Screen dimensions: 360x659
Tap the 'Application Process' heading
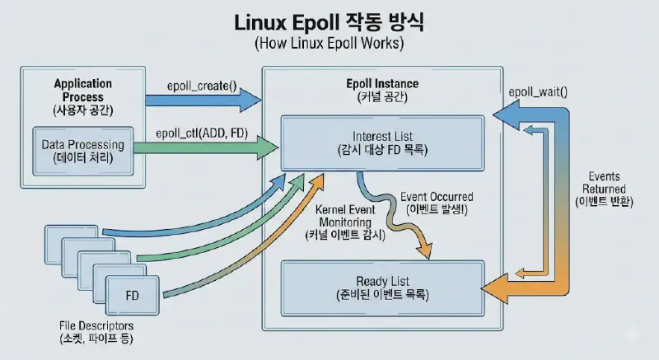pyautogui.click(x=82, y=91)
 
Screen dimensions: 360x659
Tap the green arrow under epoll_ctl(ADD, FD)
pyautogui.click(x=206, y=148)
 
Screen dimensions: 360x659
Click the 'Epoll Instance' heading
pyautogui.click(x=382, y=84)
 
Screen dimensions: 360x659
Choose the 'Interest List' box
pyautogui.click(x=382, y=143)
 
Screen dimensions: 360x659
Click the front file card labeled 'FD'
pyautogui.click(x=133, y=294)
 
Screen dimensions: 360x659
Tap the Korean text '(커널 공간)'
pyautogui.click(x=382, y=99)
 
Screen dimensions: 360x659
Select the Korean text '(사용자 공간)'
pyautogui.click(x=82, y=110)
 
